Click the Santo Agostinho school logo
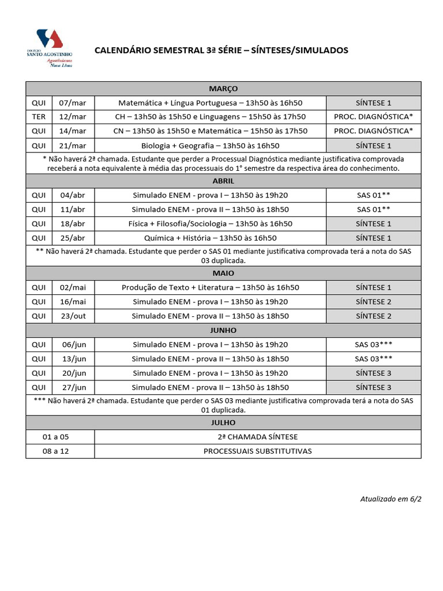(49, 48)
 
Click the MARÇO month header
(223, 88)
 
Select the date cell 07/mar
(73, 103)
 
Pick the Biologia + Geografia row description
(210, 145)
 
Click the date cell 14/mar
(73, 131)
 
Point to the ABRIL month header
(223, 181)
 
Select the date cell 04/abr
(73, 195)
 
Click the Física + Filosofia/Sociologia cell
(210, 224)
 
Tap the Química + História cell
(210, 238)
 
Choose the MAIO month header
(223, 273)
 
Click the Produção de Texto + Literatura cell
(210, 287)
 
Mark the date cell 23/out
(73, 316)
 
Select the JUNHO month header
(223, 330)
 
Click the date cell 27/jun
(73, 387)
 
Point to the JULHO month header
(223, 422)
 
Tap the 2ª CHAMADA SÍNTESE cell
(257, 437)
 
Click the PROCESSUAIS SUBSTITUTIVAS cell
(257, 451)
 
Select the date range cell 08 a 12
(60, 451)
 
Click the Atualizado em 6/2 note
(391, 499)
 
